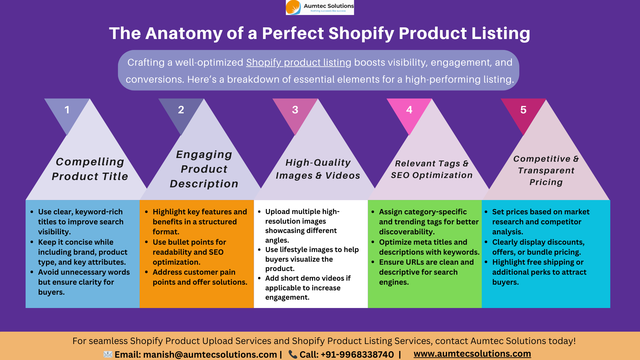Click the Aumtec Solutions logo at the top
(320, 7)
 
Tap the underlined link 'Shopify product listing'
(299, 62)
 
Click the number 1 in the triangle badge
(67, 110)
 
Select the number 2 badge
(181, 110)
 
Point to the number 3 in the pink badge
(295, 110)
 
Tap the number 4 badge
(409, 110)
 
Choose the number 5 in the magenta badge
(523, 110)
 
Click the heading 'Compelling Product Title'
(90, 169)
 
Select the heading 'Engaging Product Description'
(204, 169)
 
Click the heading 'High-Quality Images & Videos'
(318, 169)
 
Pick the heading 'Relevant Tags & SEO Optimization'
(432, 169)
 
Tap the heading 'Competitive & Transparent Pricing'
(546, 170)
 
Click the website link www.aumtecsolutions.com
(472, 354)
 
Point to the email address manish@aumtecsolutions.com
(210, 354)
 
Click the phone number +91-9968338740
(357, 354)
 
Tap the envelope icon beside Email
(108, 354)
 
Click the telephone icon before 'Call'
(293, 354)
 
